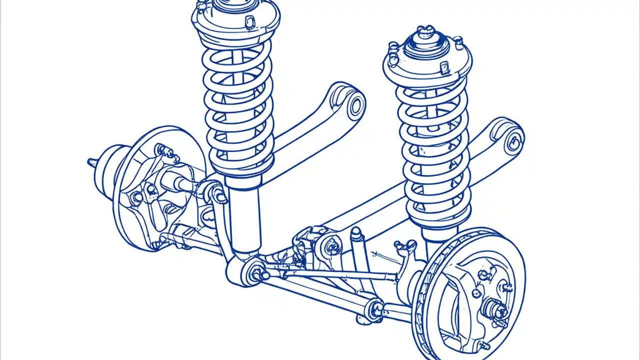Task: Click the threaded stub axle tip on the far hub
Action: click(x=91, y=162)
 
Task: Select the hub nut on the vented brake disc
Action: click(x=496, y=310)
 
